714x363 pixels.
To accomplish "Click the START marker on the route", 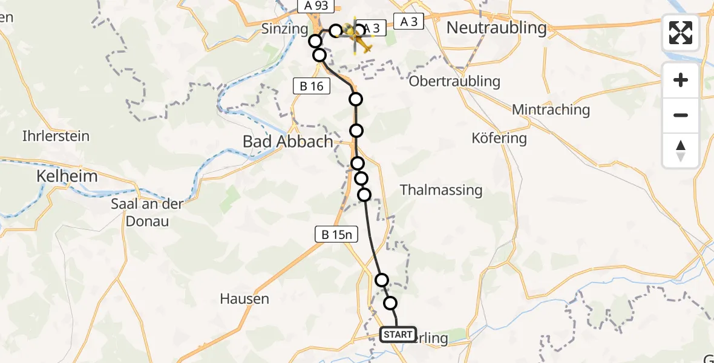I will click(398, 335).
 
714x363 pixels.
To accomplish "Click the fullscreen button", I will click(681, 33).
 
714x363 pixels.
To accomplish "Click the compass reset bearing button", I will click(681, 151).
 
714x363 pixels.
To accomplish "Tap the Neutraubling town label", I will click(496, 28).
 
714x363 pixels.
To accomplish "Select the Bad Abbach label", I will click(287, 142).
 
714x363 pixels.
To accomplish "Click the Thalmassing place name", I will click(441, 190).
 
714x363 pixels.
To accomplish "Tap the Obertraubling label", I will click(455, 81).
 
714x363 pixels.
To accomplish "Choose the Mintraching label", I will click(551, 110).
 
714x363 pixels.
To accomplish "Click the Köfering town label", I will click(499, 138).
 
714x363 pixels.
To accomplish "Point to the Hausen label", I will click(244, 299).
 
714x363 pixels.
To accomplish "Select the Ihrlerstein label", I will click(56, 136).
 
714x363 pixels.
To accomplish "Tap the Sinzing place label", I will click(286, 28).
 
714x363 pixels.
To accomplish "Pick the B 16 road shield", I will click(312, 86).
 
